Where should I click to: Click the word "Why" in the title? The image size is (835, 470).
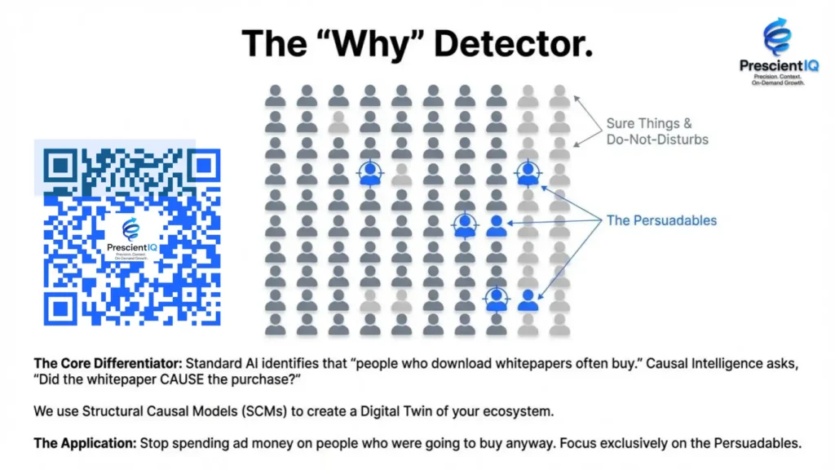pos(373,44)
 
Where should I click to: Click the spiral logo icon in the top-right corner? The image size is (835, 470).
pos(777,36)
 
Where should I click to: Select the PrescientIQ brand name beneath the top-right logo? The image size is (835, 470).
pos(779,65)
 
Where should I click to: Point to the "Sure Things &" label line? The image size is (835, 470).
pos(649,124)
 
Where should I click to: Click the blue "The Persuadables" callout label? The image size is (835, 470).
pos(661,220)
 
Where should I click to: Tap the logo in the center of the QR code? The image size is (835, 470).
pos(131,239)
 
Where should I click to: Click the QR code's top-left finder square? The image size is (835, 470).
pos(60,166)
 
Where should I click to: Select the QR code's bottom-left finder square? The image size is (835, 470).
pos(60,308)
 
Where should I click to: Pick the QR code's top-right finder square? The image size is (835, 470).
pos(204,166)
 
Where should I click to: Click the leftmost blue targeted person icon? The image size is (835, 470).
pos(370,173)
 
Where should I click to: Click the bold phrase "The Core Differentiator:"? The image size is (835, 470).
pos(108,363)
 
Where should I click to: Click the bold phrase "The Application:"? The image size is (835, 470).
pos(85,443)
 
